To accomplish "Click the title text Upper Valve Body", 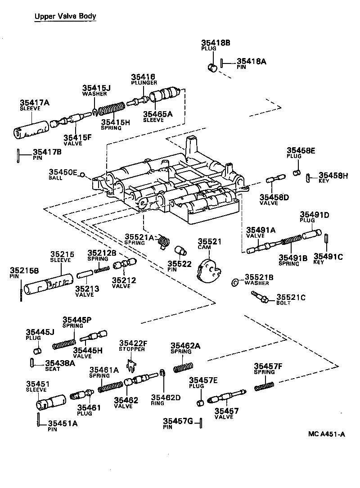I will [65, 17].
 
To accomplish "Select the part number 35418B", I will [216, 43].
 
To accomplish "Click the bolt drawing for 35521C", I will [260, 297].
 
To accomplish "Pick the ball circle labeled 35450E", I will [82, 175].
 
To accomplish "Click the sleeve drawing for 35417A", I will [31, 128].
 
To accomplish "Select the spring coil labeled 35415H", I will [111, 109].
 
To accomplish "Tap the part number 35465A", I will [157, 114].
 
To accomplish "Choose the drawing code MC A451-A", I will [327, 434].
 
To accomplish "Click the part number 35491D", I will [315, 215].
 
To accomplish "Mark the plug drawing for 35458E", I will [297, 173].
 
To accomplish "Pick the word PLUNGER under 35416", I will [144, 83].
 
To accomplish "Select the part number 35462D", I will [165, 397].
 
